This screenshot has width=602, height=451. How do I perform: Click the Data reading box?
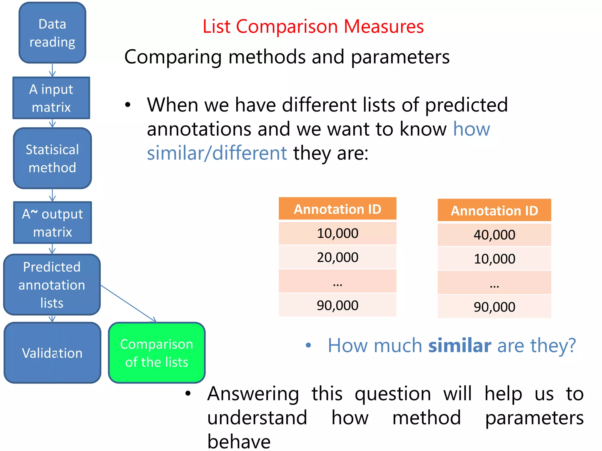(52, 33)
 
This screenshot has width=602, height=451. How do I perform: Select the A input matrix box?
(51, 98)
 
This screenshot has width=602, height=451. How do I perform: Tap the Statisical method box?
(52, 158)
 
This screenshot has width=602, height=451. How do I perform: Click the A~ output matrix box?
(52, 223)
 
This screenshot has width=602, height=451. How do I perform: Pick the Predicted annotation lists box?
(52, 285)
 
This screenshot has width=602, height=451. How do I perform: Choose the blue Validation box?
(52, 353)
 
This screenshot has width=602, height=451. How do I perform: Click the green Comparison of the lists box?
(157, 353)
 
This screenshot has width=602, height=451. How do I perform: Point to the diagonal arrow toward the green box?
(128, 303)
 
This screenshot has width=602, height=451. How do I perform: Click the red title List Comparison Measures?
(313, 26)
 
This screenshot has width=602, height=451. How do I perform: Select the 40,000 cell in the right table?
(494, 235)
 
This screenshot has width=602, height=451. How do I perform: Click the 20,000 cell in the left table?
(337, 257)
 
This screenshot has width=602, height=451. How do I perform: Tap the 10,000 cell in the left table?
(337, 233)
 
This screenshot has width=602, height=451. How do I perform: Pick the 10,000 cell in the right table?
(494, 259)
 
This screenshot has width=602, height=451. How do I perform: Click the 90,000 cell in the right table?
(494, 307)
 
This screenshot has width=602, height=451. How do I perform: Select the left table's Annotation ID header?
(337, 209)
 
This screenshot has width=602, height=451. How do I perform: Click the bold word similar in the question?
(459, 346)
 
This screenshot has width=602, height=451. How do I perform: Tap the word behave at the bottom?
(239, 441)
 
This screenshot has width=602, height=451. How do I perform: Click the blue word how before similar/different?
(471, 129)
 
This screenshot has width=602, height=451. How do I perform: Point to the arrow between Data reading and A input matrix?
(52, 70)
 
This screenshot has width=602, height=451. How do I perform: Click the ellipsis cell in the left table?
(337, 281)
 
